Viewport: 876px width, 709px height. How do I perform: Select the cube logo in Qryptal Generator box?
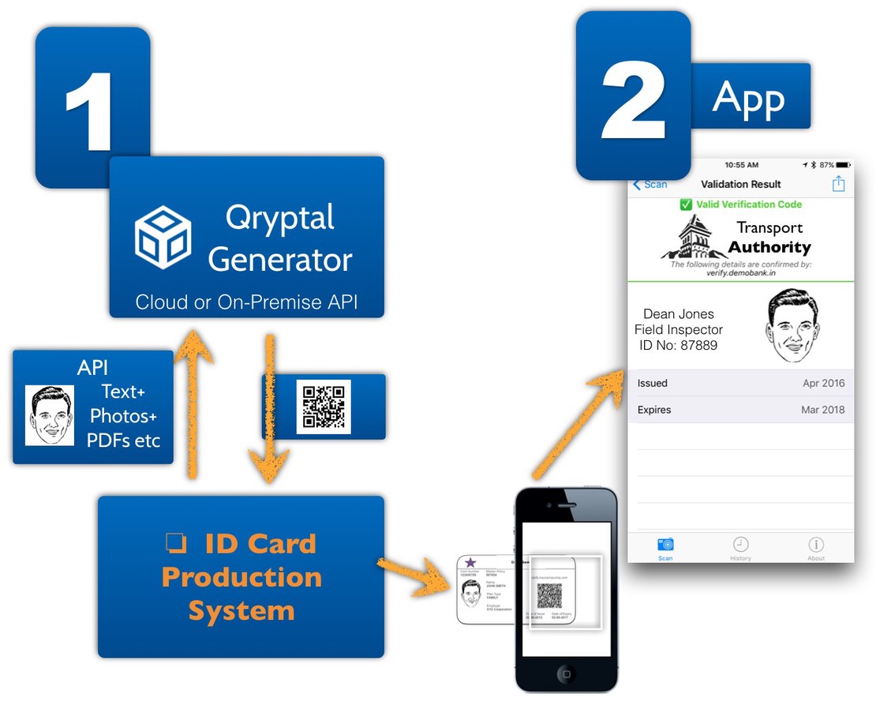click(x=163, y=237)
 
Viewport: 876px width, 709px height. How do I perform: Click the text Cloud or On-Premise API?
click(x=246, y=302)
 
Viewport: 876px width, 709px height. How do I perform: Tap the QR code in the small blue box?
click(x=323, y=407)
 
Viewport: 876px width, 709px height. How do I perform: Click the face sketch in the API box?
click(x=50, y=415)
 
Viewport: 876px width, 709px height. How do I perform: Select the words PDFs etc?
click(x=123, y=440)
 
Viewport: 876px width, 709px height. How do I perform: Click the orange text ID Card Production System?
click(x=241, y=577)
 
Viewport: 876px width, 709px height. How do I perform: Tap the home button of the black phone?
click(x=566, y=673)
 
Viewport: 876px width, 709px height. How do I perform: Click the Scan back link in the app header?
click(x=651, y=184)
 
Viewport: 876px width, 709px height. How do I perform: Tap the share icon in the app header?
click(x=838, y=183)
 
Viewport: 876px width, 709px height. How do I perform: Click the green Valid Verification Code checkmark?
click(x=686, y=204)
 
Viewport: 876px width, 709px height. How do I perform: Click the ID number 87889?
click(x=678, y=345)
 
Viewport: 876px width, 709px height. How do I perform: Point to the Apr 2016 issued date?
click(x=823, y=383)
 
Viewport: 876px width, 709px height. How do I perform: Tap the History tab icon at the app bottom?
click(x=740, y=545)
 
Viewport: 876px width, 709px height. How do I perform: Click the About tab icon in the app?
click(x=816, y=545)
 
